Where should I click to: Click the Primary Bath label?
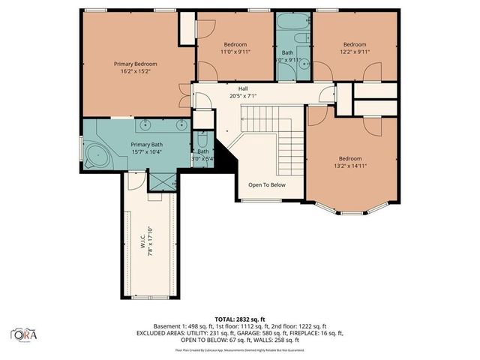tap(146, 145)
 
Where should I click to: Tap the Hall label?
tap(243, 88)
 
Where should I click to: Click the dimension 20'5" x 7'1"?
tap(243, 96)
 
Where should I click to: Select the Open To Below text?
tap(267, 184)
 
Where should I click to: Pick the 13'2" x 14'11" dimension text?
tap(350, 166)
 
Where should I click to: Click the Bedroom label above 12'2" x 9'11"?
tap(354, 43)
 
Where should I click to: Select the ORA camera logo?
tap(25, 333)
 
